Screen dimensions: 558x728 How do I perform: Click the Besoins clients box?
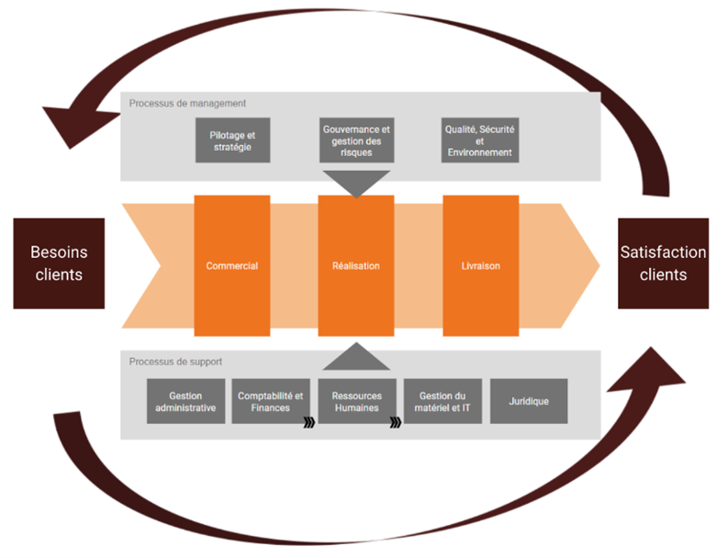58,262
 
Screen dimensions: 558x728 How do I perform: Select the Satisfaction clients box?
663,262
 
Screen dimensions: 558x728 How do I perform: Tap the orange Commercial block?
231,266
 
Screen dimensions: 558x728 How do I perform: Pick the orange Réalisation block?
356,266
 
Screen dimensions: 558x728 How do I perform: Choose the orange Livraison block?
480,266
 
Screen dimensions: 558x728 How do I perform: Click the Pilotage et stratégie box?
232,140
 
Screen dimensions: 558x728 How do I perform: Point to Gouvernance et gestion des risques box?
356,140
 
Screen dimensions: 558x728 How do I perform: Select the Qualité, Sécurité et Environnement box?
480,140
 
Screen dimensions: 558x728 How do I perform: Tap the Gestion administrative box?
185,401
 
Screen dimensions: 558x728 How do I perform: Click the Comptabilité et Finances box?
270,401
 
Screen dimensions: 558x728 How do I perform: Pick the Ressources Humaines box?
356,401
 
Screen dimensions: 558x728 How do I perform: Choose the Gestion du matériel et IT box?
443,401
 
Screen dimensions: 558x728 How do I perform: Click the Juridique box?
528,401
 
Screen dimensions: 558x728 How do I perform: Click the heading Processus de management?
187,104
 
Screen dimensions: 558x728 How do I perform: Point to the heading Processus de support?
175,362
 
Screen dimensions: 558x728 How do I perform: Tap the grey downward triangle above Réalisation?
356,182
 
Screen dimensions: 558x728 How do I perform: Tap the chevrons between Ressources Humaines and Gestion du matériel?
396,423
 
